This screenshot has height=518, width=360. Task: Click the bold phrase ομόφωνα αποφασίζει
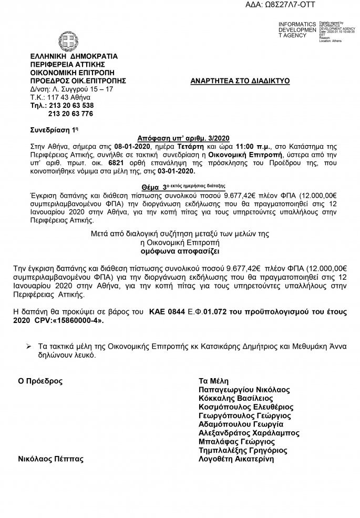(179, 251)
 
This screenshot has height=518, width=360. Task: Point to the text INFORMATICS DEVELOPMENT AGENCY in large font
(297, 31)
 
